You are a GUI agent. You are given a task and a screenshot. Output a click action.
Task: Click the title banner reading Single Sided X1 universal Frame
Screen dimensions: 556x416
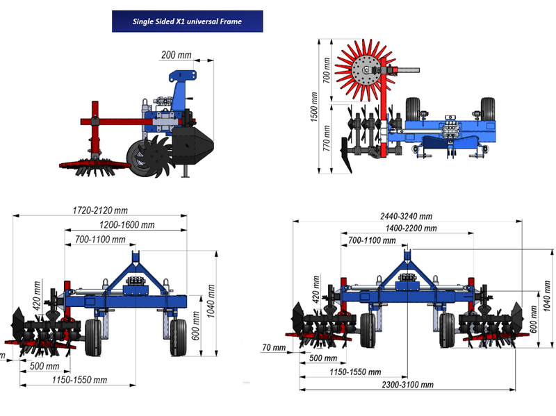(187, 22)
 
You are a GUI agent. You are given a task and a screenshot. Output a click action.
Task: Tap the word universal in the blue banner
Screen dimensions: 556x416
(202, 22)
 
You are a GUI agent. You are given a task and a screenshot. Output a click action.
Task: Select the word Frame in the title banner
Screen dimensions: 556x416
(231, 22)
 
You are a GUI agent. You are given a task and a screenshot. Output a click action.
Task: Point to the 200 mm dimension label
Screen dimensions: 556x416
(177, 55)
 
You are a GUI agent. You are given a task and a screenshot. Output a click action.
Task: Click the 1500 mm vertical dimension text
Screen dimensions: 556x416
(314, 107)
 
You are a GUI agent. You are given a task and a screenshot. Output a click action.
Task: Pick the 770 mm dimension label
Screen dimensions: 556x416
(327, 138)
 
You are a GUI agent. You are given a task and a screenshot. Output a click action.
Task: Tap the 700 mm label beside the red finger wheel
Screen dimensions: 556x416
(327, 71)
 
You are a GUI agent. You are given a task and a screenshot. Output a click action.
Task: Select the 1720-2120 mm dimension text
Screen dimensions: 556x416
(100, 210)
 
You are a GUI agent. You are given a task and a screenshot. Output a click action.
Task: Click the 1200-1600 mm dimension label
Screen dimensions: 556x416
(127, 225)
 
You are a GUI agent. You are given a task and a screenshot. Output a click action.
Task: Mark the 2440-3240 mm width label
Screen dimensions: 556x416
(407, 216)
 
